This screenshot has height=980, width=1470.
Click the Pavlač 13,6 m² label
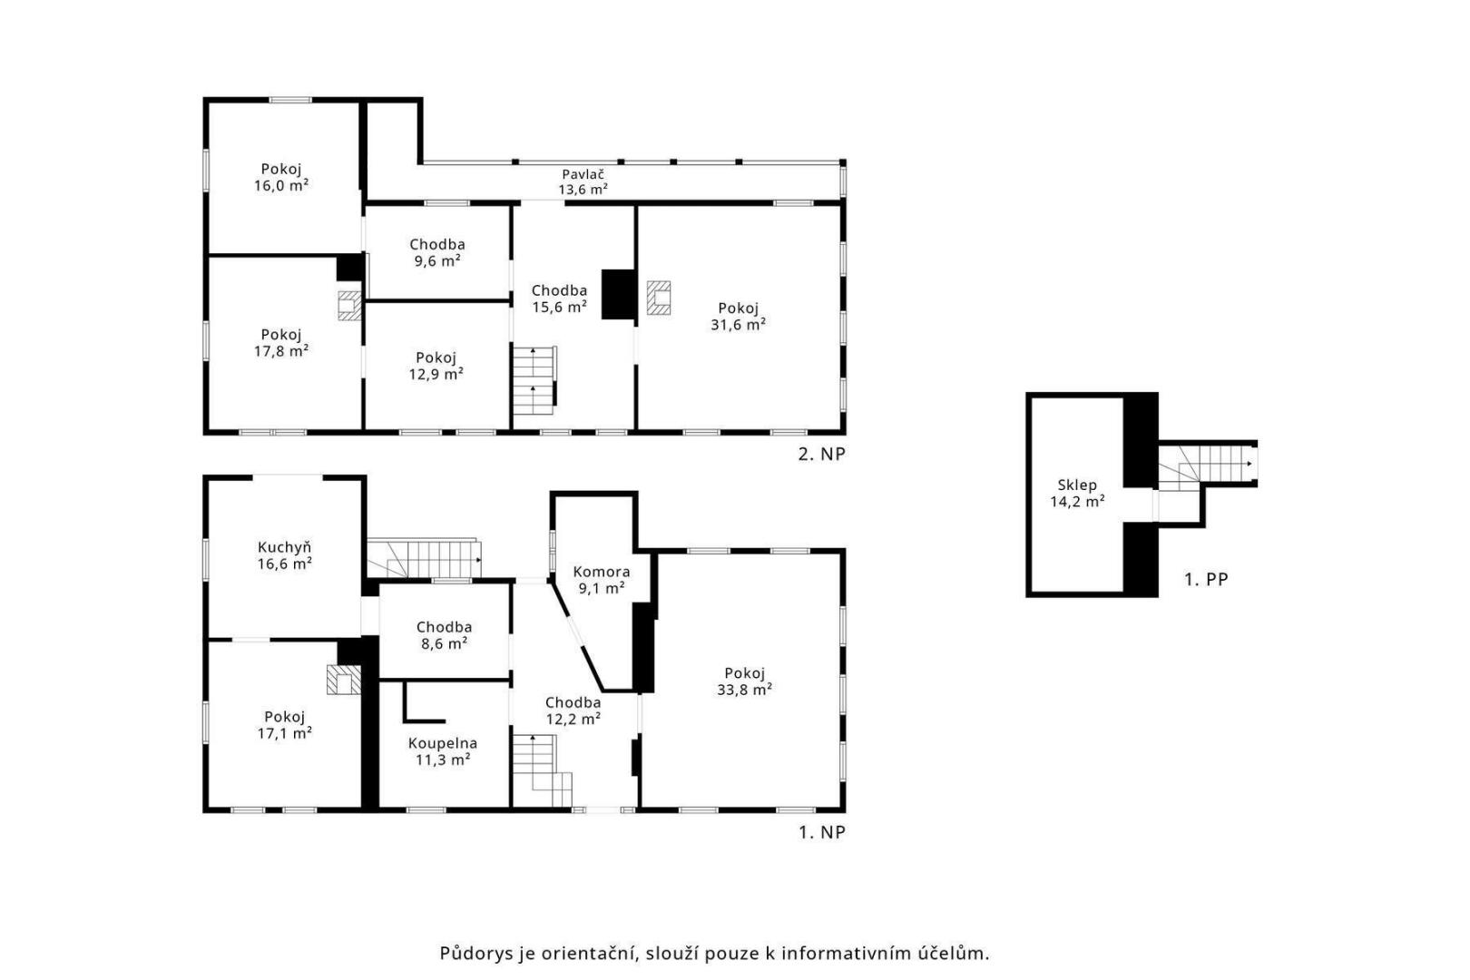tap(583, 182)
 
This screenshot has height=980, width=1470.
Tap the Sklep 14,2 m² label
tap(1077, 494)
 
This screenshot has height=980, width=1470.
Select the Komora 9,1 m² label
tap(601, 580)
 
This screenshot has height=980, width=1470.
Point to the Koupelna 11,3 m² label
tap(442, 751)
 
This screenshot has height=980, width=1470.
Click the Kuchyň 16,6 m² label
tap(284, 555)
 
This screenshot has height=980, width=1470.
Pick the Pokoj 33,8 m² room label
tap(744, 681)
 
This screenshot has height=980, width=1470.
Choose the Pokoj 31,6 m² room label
tap(739, 317)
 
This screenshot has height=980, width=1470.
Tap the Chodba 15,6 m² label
tap(559, 299)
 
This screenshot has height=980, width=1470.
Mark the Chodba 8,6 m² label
tap(444, 635)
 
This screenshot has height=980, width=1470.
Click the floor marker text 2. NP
tap(821, 455)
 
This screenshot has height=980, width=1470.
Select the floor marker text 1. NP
tap(821, 832)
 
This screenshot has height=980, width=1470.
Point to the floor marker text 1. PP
tap(1206, 580)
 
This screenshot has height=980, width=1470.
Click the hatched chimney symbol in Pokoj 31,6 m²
tap(659, 298)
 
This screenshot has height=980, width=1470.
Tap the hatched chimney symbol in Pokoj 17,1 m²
tap(344, 680)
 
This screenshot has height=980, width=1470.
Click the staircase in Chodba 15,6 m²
tap(534, 381)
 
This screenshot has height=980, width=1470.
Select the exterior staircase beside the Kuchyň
tap(424, 559)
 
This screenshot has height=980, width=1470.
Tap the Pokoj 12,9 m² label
tap(436, 367)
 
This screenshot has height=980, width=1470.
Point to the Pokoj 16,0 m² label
tap(281, 177)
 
